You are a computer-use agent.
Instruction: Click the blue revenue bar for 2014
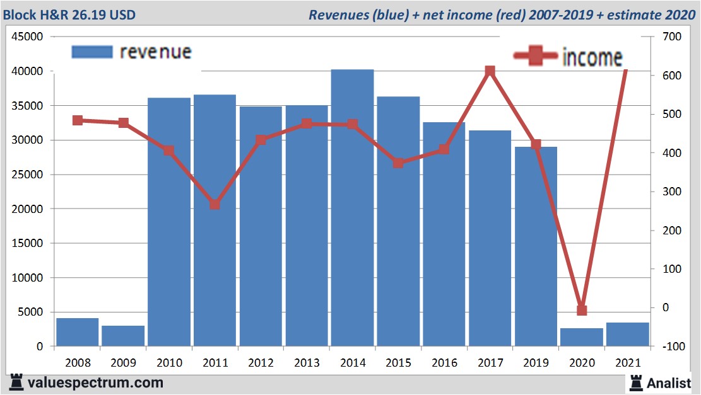coord(352,208)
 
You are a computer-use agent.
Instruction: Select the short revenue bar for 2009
coord(123,336)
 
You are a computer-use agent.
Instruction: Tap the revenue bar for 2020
coord(582,337)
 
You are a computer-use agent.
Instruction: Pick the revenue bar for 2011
coord(215,220)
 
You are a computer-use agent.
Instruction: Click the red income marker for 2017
coord(490,72)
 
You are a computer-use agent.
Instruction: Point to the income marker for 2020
coord(582,310)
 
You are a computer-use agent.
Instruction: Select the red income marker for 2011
coord(215,205)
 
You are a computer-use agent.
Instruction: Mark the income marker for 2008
coord(78,120)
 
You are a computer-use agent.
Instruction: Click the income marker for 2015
coord(398,163)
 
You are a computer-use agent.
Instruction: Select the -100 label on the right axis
coord(671,346)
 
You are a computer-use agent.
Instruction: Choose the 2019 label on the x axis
coord(536,364)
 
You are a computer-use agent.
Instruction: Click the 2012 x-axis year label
coord(261,364)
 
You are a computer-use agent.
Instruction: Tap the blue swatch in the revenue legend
coord(92,52)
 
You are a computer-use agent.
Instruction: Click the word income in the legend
coord(592,57)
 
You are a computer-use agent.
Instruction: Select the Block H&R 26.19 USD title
coord(69,14)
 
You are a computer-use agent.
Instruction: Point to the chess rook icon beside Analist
coord(635,382)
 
